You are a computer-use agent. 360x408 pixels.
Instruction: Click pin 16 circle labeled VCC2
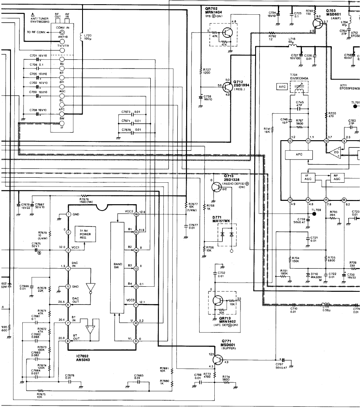(136, 214)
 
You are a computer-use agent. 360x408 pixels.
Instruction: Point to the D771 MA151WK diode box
(227, 233)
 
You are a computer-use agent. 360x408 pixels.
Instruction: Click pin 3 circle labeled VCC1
(68, 250)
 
